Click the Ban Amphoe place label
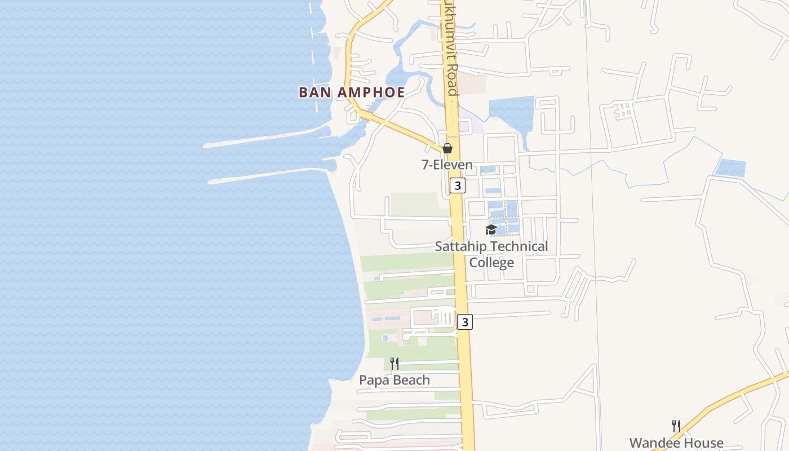pos(352,92)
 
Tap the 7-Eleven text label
pos(447,165)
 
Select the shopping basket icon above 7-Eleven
pos(447,148)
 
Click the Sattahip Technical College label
pos(491,254)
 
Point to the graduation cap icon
pos(491,229)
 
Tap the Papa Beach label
pos(394,380)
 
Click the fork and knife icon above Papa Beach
pos(394,364)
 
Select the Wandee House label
pos(676,443)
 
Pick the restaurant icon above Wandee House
pos(676,426)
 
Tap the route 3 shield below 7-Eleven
pos(458,185)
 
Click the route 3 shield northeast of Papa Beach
pos(464,322)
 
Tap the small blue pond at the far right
pos(730,168)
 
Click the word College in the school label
pos(491,262)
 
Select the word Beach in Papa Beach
pos(410,380)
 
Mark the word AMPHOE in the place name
pos(372,92)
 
